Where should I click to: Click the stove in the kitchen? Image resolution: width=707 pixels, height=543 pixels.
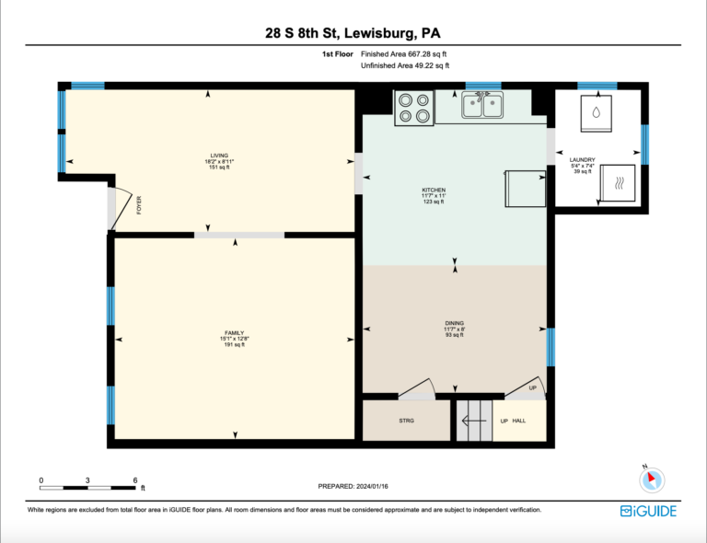pyautogui.click(x=414, y=109)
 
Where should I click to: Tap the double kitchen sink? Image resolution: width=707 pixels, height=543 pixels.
pyautogui.click(x=482, y=105)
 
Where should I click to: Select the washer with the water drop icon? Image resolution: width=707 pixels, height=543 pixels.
pyautogui.click(x=597, y=113)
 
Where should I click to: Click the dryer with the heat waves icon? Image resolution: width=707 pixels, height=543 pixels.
pyautogui.click(x=618, y=183)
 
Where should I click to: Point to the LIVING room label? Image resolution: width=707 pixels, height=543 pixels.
pyautogui.click(x=220, y=156)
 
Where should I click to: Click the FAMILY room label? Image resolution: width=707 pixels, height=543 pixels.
pyautogui.click(x=235, y=333)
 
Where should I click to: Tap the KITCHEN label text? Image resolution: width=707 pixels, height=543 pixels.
pyautogui.click(x=434, y=191)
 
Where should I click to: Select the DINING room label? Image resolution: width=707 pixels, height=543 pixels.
pyautogui.click(x=455, y=323)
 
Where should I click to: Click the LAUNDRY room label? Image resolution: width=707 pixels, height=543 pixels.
pyautogui.click(x=582, y=160)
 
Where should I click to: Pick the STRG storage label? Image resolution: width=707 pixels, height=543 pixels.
pyautogui.click(x=406, y=421)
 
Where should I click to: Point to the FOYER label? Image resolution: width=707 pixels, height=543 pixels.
pyautogui.click(x=139, y=205)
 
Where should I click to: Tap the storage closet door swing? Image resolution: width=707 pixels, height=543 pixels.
pyautogui.click(x=417, y=389)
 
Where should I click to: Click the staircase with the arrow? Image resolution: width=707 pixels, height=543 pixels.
pyautogui.click(x=474, y=421)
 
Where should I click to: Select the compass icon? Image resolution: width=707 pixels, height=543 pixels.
pyautogui.click(x=652, y=479)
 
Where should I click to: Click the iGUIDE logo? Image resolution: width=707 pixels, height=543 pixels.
pyautogui.click(x=648, y=511)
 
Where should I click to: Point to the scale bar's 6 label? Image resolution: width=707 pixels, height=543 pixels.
pyautogui.click(x=134, y=480)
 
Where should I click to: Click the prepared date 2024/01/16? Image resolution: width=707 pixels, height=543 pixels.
pyautogui.click(x=372, y=486)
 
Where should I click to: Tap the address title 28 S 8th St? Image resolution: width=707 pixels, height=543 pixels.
pyautogui.click(x=302, y=33)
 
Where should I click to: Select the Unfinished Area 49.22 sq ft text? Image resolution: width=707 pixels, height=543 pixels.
pyautogui.click(x=405, y=65)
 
